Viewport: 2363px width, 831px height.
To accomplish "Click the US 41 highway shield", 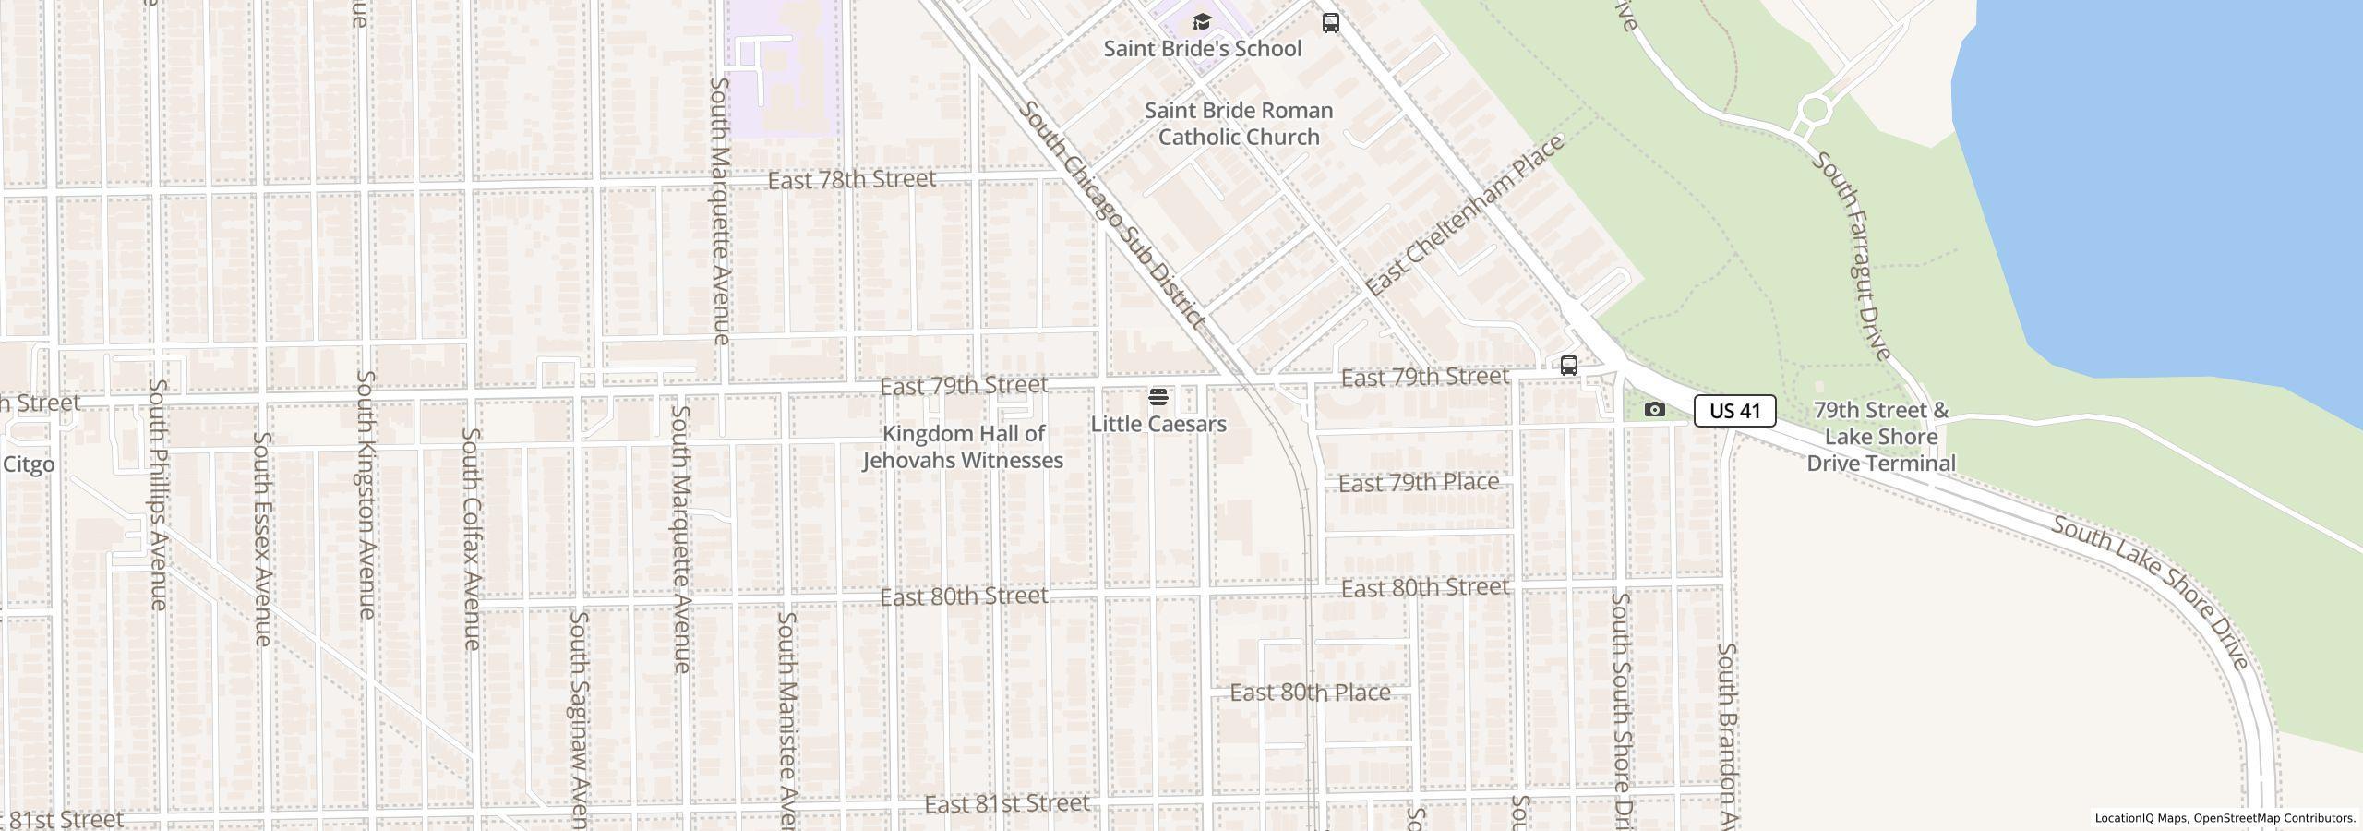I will coord(1734,411).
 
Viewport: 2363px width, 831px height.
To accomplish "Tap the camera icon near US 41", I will coord(1655,409).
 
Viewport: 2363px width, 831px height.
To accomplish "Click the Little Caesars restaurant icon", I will coord(1158,398).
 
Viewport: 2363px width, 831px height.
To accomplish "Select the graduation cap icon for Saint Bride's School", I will coord(1201,22).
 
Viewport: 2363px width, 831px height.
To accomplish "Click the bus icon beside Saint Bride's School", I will coord(1330,23).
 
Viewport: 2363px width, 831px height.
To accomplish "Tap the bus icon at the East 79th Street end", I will coord(1568,366).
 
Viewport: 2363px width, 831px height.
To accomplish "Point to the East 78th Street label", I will coord(851,179).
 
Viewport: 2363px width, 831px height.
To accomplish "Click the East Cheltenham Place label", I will coord(1464,215).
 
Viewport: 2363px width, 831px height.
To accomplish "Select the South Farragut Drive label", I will coord(1852,255).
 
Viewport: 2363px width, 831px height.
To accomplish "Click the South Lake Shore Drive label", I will coord(2151,592).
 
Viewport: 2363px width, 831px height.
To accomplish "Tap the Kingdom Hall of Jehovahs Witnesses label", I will coord(963,447).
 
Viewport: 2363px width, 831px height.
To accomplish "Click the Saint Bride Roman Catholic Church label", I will coord(1238,124).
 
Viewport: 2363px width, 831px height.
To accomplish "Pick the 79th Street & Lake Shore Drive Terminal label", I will coord(1880,437).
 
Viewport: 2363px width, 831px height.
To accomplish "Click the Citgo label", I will coord(29,464).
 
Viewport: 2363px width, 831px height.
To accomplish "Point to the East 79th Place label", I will coord(1418,483).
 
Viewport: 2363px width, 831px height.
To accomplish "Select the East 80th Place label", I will coord(1310,692).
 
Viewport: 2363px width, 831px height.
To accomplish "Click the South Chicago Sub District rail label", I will coord(1111,214).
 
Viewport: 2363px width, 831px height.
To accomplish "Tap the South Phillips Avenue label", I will coord(158,494).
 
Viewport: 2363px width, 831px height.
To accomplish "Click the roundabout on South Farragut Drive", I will coord(1814,111).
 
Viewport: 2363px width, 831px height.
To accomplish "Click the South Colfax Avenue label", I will coord(471,537).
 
